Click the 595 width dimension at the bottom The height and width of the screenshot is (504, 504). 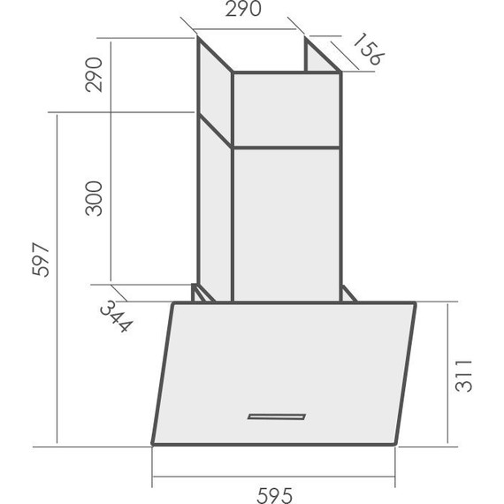[275, 496]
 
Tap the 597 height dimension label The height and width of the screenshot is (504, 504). [42, 259]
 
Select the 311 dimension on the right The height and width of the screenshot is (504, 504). [464, 376]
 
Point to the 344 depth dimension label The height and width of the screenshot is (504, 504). [116, 317]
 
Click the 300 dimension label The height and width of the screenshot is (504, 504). [94, 198]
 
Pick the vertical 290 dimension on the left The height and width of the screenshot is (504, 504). [94, 74]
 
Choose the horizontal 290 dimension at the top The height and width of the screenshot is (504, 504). [243, 9]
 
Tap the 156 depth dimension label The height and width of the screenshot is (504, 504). [369, 49]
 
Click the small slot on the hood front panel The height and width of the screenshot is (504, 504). [277, 416]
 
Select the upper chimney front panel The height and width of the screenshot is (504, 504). [286, 110]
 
